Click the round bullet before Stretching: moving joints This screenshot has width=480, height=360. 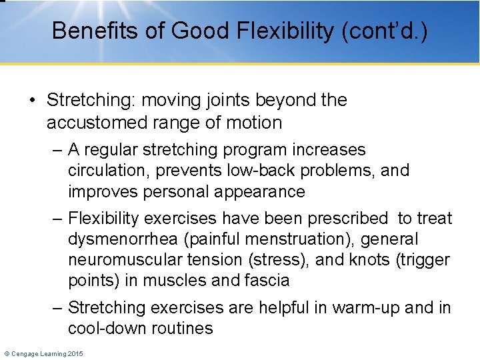tap(33, 101)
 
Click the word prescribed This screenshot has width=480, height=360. tap(341, 218)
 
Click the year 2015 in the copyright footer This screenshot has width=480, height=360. tap(75, 353)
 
